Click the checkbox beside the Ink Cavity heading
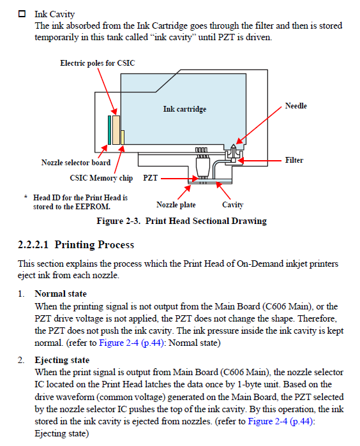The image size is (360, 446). [x=22, y=13]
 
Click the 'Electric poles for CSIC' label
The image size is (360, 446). [x=97, y=63]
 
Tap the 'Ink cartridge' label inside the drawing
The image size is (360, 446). [x=184, y=109]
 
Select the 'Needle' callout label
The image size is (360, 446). [x=296, y=106]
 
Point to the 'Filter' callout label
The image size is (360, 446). [x=294, y=160]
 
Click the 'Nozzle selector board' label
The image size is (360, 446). [x=76, y=163]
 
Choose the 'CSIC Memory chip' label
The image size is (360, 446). [x=101, y=178]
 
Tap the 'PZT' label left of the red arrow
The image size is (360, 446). [x=150, y=178]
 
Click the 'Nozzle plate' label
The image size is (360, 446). [x=176, y=205]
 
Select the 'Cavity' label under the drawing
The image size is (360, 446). [x=233, y=205]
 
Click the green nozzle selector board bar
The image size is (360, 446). [x=109, y=130]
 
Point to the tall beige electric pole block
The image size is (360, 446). [x=116, y=130]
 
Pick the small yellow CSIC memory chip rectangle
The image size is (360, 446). [x=123, y=137]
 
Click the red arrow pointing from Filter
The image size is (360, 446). [x=260, y=161]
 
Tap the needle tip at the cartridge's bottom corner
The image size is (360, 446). [x=234, y=145]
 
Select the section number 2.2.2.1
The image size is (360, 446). [x=33, y=244]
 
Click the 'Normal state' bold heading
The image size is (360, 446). [x=61, y=294]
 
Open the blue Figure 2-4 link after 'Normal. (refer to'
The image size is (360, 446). [x=131, y=343]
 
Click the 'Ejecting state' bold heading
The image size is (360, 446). [x=62, y=360]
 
